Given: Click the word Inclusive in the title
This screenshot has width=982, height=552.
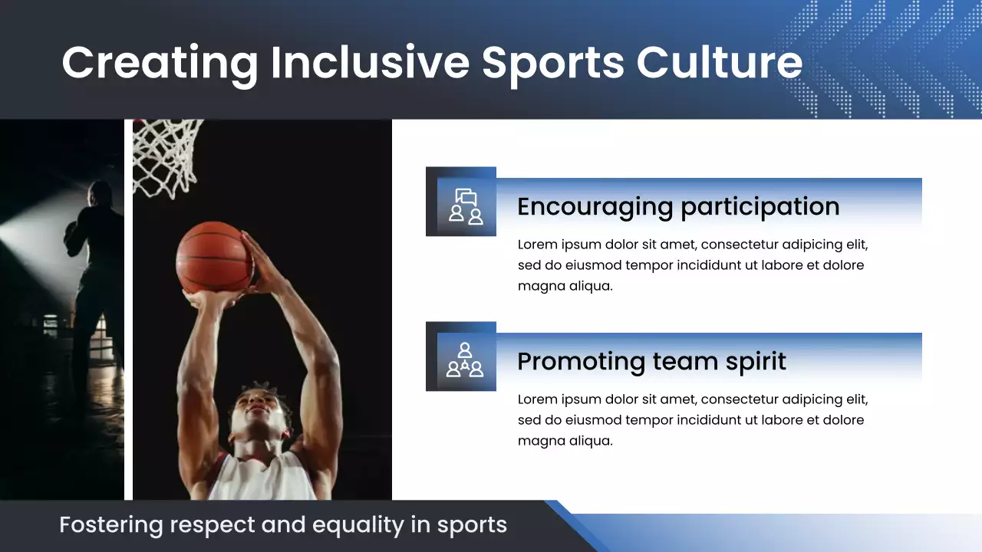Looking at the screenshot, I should click(369, 62).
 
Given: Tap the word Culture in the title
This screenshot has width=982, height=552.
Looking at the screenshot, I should click(719, 62).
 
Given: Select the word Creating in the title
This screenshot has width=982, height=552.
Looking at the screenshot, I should click(160, 62).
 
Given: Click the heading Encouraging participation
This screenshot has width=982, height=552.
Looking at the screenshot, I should click(678, 206).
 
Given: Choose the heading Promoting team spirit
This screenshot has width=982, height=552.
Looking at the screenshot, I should click(651, 361).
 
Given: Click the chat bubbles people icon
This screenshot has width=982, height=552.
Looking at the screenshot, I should click(466, 206).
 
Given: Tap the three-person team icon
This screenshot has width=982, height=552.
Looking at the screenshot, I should click(465, 361).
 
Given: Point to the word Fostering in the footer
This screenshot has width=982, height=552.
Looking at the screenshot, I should click(111, 526).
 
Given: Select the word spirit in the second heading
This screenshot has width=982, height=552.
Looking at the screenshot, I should click(750, 361).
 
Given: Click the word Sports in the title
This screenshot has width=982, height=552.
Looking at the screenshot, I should click(552, 62).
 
